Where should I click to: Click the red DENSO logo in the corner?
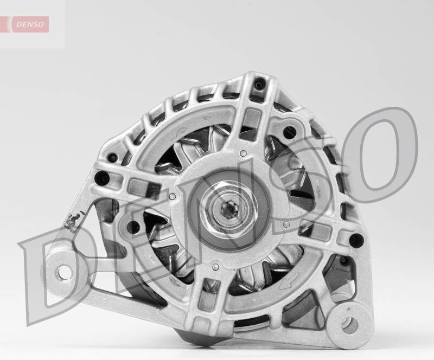coord(30,24)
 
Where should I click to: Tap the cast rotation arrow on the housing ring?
coord(289,280)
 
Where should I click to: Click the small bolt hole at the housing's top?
coord(259,85)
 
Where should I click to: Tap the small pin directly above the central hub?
coord(243,153)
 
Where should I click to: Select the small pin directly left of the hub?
coord(172,196)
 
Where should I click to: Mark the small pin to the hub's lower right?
coord(287,223)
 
